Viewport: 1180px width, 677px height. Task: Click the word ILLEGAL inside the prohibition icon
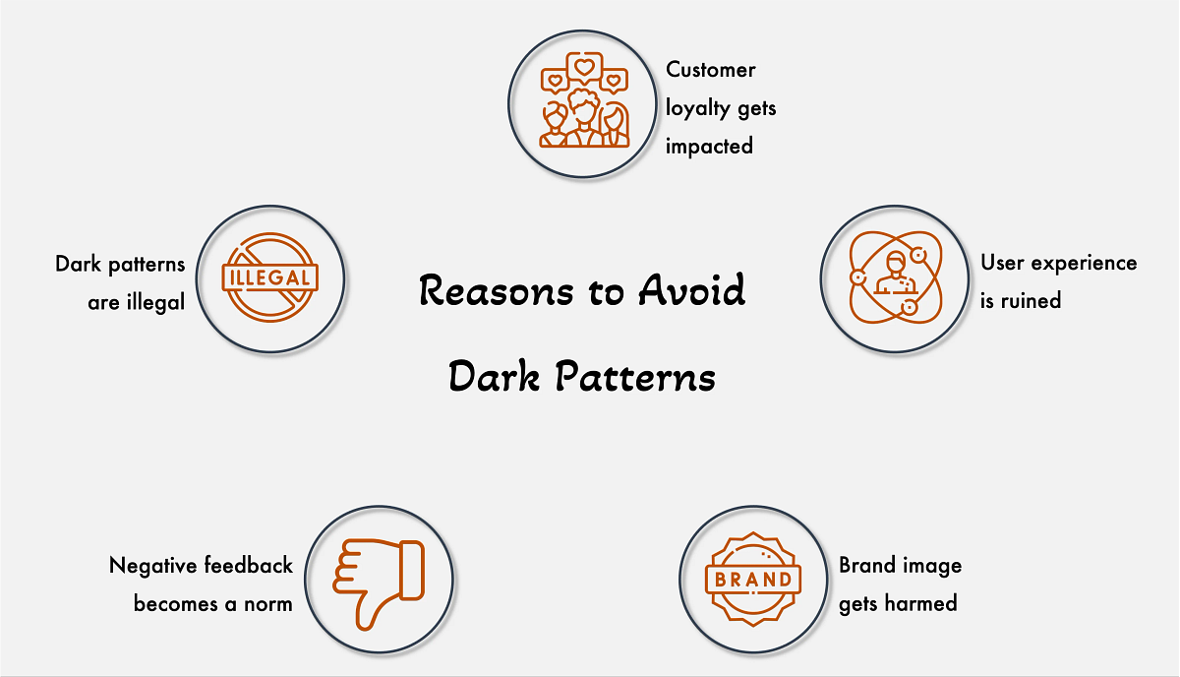point(270,277)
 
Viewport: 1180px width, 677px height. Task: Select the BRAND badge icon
point(753,579)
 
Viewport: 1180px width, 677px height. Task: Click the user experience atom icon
point(895,278)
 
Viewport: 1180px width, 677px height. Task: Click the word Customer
point(711,70)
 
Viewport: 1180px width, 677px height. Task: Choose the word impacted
point(709,147)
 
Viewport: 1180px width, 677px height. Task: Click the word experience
point(1083,264)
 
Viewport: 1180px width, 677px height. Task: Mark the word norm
point(267,603)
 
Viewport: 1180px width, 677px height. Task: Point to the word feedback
point(248,566)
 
